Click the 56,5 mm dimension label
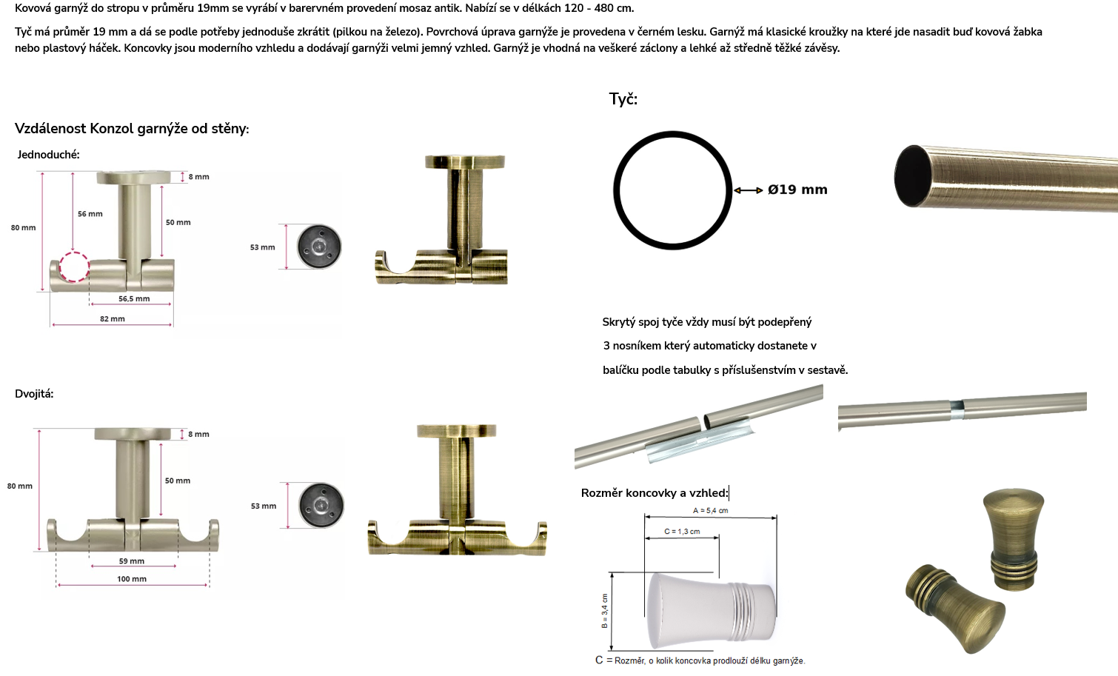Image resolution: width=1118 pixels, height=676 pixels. click(x=134, y=298)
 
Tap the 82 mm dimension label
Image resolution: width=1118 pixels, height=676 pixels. click(x=113, y=318)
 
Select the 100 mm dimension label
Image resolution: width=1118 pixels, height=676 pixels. click(x=132, y=579)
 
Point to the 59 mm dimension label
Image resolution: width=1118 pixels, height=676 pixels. click(x=131, y=560)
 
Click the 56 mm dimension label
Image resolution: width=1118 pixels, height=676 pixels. click(x=90, y=214)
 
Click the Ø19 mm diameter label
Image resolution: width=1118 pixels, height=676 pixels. click(x=797, y=190)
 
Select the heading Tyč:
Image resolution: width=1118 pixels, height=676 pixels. click(x=623, y=99)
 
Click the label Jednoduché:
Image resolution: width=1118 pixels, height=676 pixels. click(x=48, y=155)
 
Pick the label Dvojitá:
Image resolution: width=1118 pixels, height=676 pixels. click(x=34, y=394)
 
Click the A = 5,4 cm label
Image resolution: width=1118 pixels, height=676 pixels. click(x=710, y=510)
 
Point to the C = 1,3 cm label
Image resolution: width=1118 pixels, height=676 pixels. click(x=682, y=531)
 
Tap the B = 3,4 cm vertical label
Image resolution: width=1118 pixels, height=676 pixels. click(x=604, y=611)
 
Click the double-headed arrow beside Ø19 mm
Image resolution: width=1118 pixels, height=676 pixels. click(x=748, y=190)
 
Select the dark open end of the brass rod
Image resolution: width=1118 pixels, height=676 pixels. click(x=911, y=175)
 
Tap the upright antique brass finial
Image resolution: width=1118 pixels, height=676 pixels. click(x=1014, y=539)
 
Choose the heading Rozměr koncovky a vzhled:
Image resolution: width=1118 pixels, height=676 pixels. click(x=655, y=493)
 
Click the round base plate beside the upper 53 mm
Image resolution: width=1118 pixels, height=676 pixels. click(x=319, y=247)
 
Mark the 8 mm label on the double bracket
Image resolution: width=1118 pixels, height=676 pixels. click(x=198, y=435)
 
